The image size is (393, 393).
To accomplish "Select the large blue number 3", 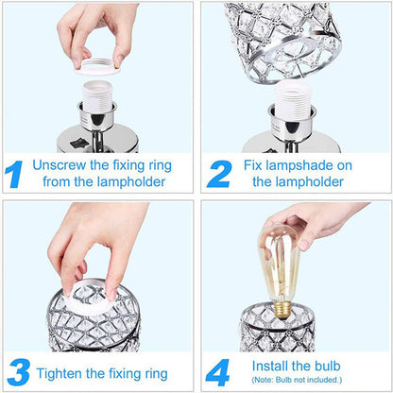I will (x=17, y=368).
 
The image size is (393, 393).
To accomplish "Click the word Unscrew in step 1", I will (x=60, y=165).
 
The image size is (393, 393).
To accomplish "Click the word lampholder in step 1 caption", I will (x=133, y=182).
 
